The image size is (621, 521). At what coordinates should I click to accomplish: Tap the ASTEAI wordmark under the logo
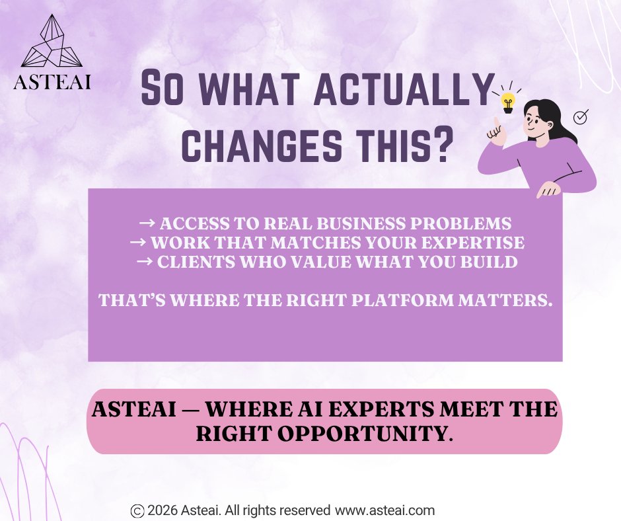pyautogui.click(x=52, y=83)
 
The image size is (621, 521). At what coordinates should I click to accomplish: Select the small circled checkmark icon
pyautogui.click(x=581, y=118)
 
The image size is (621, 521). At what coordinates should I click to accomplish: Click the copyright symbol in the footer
pyautogui.click(x=137, y=510)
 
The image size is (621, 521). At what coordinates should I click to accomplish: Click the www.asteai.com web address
pyautogui.click(x=385, y=510)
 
